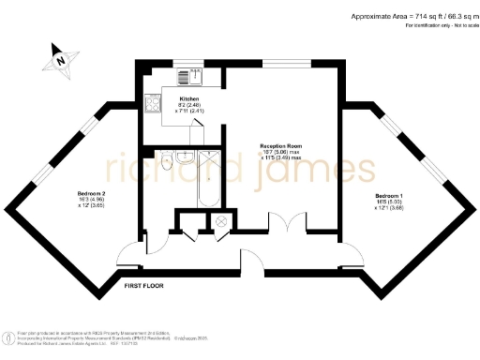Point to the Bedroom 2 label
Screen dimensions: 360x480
click(x=91, y=200)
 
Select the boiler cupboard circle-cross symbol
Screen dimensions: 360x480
click(x=221, y=221)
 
